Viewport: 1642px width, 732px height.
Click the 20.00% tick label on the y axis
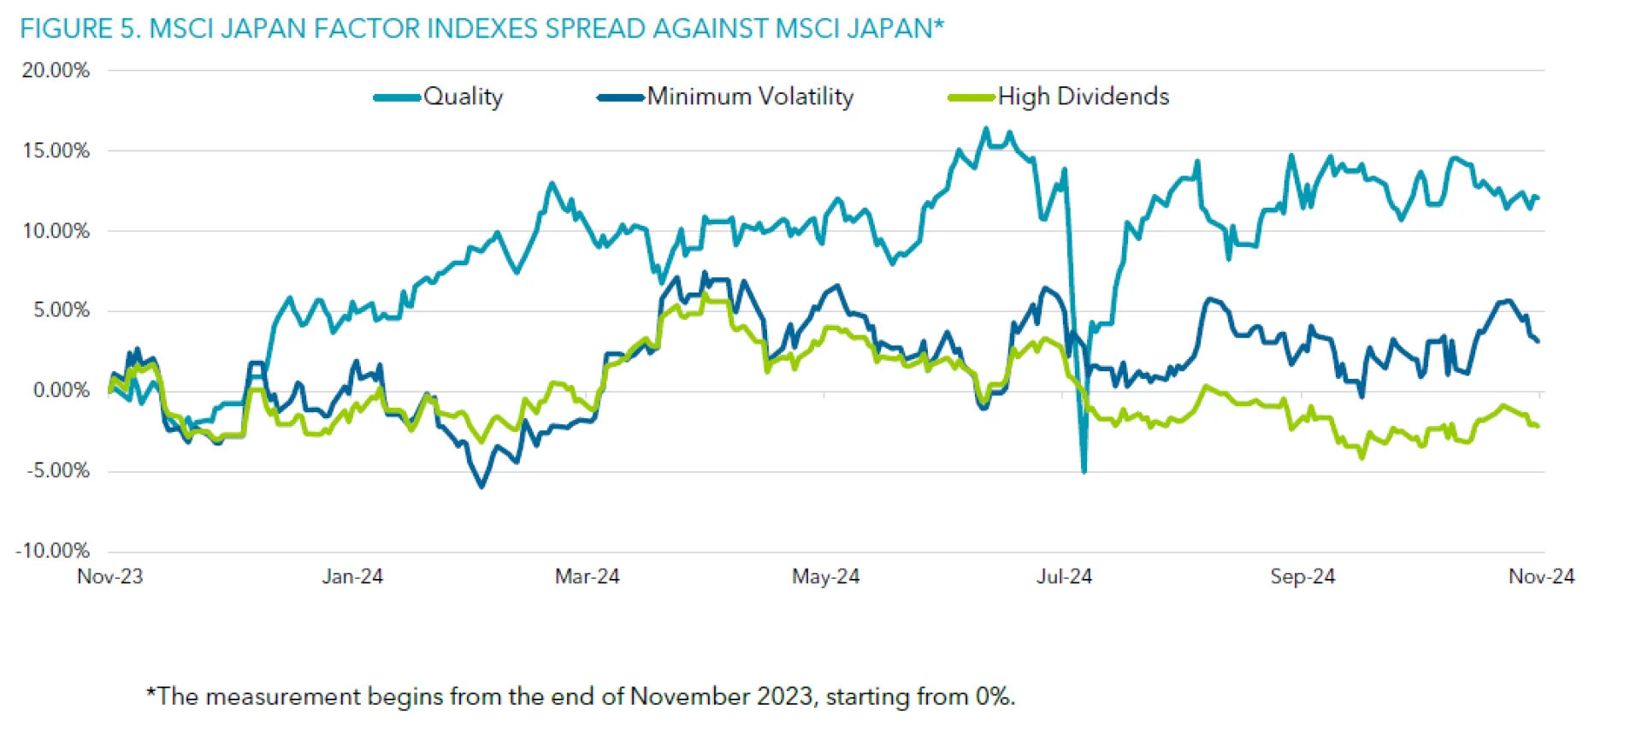[x=56, y=71]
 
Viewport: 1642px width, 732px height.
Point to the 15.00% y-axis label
[x=56, y=151]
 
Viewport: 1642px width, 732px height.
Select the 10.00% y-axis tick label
[x=56, y=231]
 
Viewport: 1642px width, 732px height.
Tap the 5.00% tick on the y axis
[x=61, y=310]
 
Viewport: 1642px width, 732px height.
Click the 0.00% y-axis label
[x=61, y=391]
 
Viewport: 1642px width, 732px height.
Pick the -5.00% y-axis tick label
[x=57, y=470]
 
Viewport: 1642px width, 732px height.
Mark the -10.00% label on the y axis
[x=52, y=551]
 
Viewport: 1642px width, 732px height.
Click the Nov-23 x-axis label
[x=110, y=577]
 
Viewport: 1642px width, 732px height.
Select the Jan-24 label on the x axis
[x=352, y=577]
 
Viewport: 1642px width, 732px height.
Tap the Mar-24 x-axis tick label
[x=587, y=577]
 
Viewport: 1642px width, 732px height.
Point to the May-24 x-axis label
[x=825, y=577]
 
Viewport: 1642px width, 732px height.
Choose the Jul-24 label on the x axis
[x=1064, y=577]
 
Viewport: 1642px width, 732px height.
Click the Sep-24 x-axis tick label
[x=1302, y=577]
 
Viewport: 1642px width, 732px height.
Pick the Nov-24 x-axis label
[x=1541, y=577]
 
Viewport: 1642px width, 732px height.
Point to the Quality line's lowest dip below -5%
[x=1084, y=470]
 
